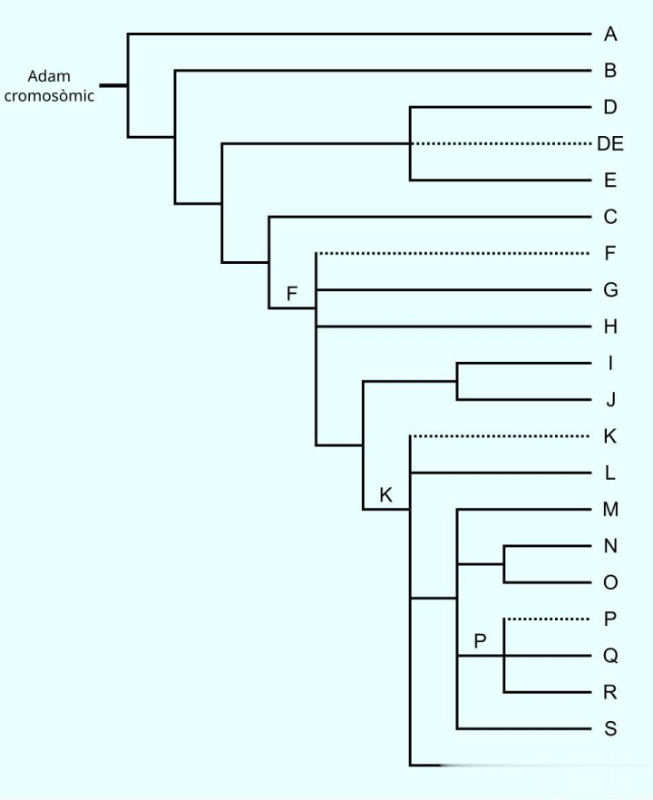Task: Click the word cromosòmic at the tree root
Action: click(x=49, y=95)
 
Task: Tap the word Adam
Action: click(x=49, y=76)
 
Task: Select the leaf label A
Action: click(x=610, y=34)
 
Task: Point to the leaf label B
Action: click(x=610, y=70)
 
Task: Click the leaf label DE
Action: click(x=610, y=143)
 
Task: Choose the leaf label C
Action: click(x=610, y=217)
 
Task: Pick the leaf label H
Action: click(x=610, y=327)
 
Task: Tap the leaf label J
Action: click(x=610, y=400)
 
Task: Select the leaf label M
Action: click(x=610, y=509)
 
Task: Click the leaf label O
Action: click(x=610, y=582)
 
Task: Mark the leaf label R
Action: click(x=610, y=693)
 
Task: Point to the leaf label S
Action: click(x=610, y=729)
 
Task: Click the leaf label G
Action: click(x=610, y=290)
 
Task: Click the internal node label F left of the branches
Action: click(x=292, y=294)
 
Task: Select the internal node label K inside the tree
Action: click(x=385, y=495)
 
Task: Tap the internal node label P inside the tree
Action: click(x=481, y=641)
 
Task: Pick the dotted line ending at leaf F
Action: click(x=453, y=253)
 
